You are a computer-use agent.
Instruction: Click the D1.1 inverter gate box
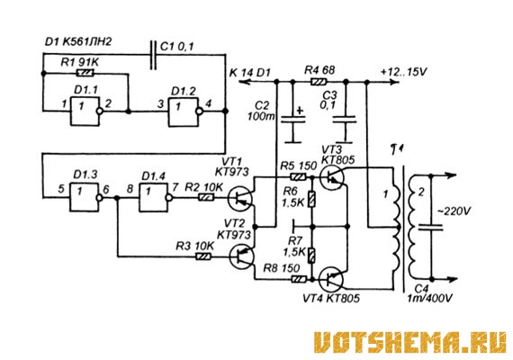coord(85,112)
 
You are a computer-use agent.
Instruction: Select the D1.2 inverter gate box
coord(184,112)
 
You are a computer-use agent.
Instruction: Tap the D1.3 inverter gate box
coord(84,197)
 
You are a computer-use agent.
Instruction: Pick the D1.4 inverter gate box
coord(154,197)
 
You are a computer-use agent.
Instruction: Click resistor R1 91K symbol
coord(85,73)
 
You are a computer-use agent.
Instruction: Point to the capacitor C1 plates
coord(153,55)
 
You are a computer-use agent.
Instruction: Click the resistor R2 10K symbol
coord(205,197)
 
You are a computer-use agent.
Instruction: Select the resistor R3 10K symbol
coord(203,256)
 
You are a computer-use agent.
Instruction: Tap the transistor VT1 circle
coord(240,199)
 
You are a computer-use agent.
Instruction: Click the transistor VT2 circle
coord(242,257)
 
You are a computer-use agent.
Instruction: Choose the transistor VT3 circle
coord(332,177)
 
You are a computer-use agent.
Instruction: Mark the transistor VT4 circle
coord(332,279)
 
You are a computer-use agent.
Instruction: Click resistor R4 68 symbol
coord(319,82)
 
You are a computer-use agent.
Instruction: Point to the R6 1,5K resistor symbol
coord(312,200)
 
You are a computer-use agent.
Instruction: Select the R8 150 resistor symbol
coord(299,279)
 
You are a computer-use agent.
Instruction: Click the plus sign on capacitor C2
coord(300,111)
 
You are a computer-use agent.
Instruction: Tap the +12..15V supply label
coord(404,71)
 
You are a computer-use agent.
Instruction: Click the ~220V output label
coord(454,211)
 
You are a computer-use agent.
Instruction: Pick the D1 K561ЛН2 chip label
coord(78,41)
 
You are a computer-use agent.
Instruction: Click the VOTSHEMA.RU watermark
coord(410,342)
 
